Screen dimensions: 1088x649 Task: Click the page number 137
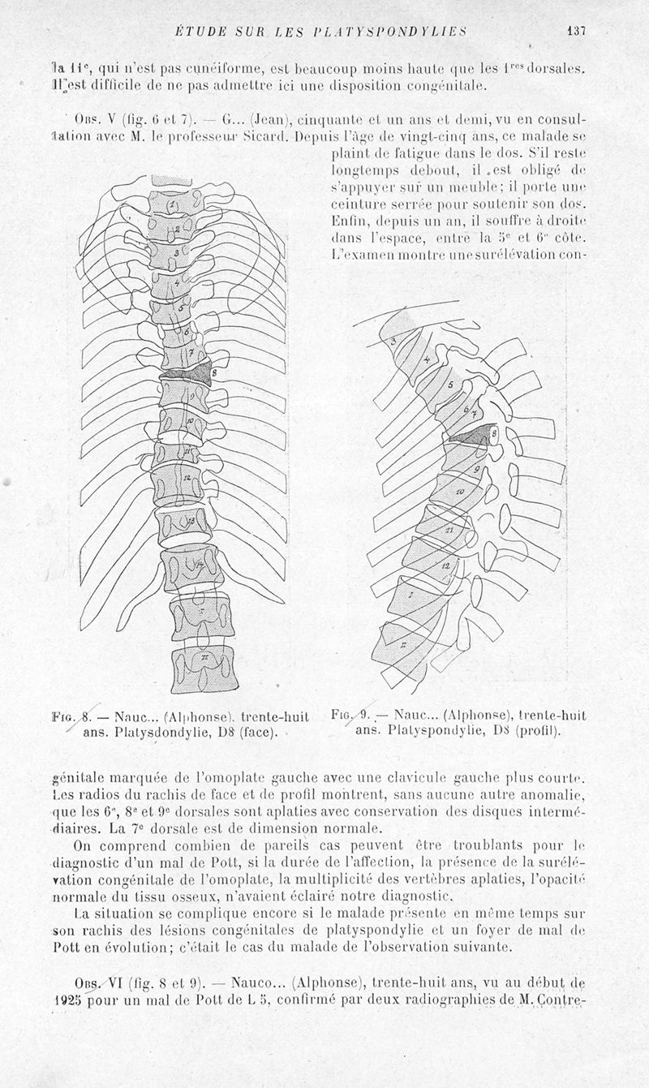coord(577,32)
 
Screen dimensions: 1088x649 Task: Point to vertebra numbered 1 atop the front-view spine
coord(174,204)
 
